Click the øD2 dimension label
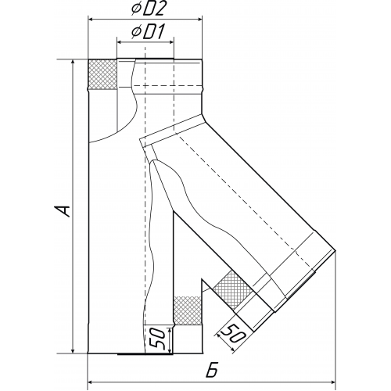click(148, 9)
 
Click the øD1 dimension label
click(148, 33)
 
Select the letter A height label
click(63, 210)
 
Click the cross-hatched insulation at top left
click(102, 74)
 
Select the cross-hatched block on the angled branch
click(233, 289)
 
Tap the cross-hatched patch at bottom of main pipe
click(187, 310)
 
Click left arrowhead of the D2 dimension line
click(91, 19)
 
